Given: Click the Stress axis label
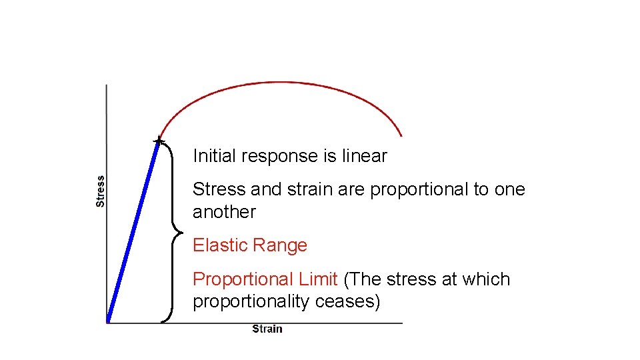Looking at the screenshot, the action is coord(101,191).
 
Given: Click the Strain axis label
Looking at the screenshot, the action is coord(267,329).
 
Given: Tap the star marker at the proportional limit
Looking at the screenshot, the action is coord(158,141).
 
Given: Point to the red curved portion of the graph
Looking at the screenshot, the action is coord(280,83).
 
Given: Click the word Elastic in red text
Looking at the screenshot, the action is coord(215,245).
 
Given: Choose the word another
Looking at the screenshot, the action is coord(224,212).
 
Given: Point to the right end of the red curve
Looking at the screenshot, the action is coord(401,135).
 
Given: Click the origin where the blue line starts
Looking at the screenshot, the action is coord(108,322).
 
